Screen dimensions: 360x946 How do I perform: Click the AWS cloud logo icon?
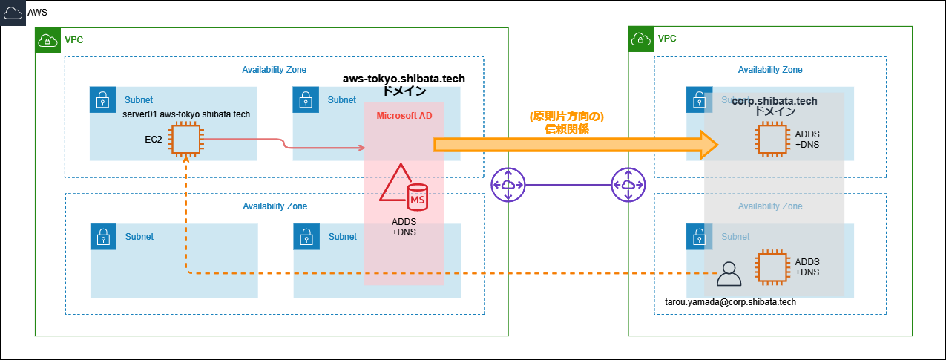click(x=13, y=13)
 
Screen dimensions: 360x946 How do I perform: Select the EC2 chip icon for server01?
click(x=185, y=139)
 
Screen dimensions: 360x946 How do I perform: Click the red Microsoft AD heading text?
click(x=404, y=116)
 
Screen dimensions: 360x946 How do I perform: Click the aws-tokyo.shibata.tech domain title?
click(x=404, y=79)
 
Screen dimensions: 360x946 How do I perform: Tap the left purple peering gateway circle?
click(x=508, y=184)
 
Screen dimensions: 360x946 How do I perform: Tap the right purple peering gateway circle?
click(x=628, y=184)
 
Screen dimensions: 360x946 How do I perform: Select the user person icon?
click(x=729, y=274)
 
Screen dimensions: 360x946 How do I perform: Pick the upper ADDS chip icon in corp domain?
click(x=770, y=139)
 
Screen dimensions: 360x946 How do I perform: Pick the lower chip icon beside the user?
click(x=770, y=268)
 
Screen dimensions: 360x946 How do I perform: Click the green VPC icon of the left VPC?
click(x=47, y=40)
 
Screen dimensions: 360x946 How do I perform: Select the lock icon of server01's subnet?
click(x=101, y=99)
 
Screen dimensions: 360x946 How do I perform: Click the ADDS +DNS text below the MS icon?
click(x=404, y=226)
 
